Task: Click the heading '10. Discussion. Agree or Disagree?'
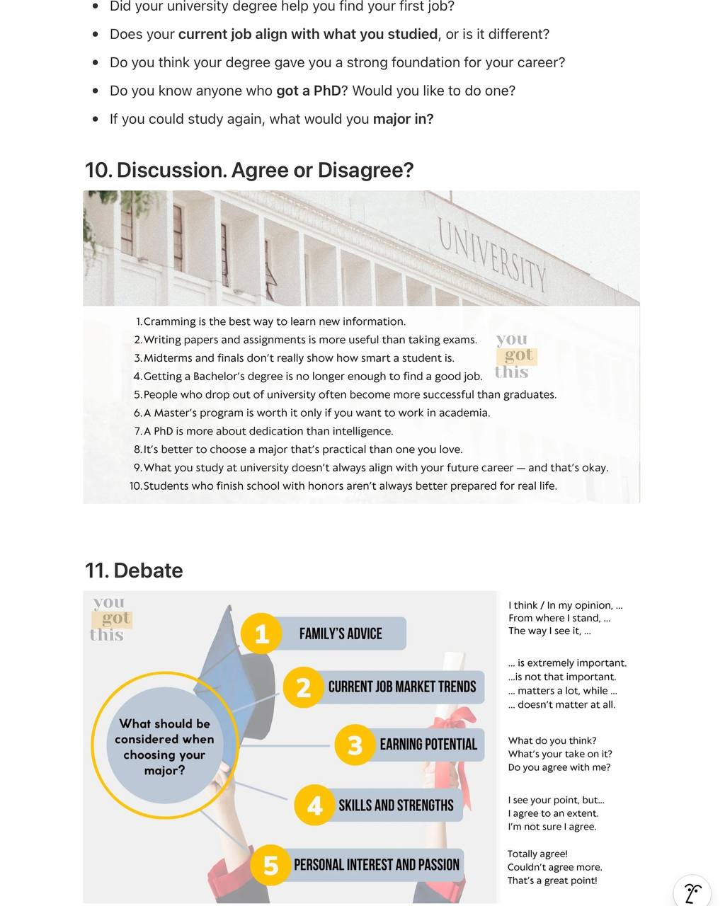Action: coord(249,171)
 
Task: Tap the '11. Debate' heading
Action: coord(134,570)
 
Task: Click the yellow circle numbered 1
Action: coord(261,633)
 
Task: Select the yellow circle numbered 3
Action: coord(355,745)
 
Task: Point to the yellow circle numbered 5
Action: coord(270,865)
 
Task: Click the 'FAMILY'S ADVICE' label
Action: coord(341,633)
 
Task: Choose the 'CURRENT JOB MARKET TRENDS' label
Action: coord(401,687)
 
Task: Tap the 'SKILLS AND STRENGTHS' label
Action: coord(396,805)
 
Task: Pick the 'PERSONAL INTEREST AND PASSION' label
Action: coord(376,865)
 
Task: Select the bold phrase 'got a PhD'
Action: coord(308,91)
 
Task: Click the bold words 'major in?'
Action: coord(403,119)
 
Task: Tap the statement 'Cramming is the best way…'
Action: coord(274,321)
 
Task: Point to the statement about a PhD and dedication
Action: coord(268,431)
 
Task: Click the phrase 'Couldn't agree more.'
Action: coord(554,867)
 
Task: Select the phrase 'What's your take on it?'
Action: coord(560,754)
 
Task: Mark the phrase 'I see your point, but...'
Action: coord(556,800)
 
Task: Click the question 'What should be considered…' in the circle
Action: coord(164,747)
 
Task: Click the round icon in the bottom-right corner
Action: coord(692,891)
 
